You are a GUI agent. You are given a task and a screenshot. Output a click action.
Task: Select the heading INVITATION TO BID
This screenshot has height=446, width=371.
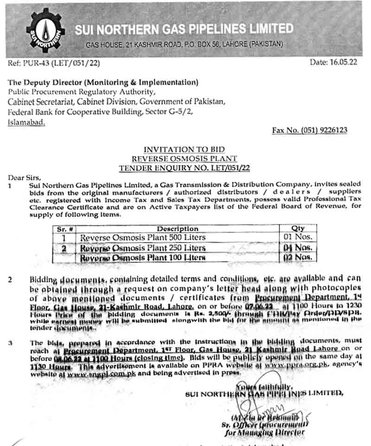184,149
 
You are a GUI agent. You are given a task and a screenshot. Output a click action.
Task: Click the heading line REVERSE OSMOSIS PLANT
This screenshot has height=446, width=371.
184,158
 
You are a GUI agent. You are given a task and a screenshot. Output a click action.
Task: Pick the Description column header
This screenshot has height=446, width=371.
177,229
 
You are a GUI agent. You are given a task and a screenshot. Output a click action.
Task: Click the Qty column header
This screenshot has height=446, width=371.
298,229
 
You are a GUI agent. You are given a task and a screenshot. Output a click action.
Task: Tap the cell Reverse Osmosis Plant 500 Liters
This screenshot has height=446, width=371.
143,238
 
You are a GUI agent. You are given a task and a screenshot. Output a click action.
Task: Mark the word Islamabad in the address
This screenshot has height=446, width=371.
26,123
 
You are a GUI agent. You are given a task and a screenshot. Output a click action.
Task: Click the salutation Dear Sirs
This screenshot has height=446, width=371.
25,177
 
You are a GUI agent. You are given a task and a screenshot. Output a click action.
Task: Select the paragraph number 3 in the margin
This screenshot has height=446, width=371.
10,343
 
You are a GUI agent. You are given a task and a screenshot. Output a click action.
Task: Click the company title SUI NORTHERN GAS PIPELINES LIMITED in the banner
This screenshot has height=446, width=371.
184,29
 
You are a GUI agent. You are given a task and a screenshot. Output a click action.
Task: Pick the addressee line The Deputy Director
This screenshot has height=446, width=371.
103,83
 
